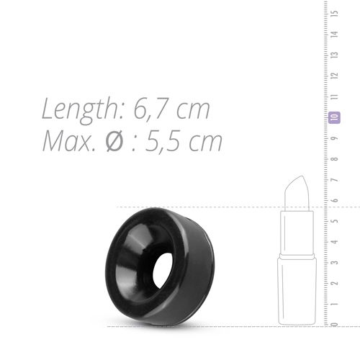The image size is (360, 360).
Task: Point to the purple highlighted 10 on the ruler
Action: [334, 117]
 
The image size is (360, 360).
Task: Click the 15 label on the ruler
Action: [335, 13]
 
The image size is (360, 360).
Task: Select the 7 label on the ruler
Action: [335, 179]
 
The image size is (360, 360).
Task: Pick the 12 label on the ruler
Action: [335, 76]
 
